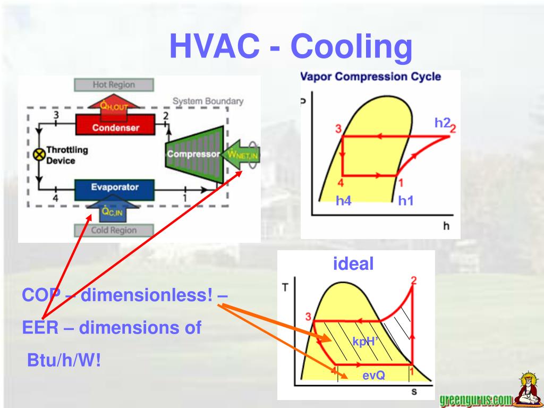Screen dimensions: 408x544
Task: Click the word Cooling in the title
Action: pyautogui.click(x=351, y=47)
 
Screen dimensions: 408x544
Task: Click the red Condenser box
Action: pyautogui.click(x=115, y=127)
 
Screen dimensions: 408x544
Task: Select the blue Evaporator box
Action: pyautogui.click(x=114, y=187)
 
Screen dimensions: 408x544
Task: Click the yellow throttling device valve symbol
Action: pyautogui.click(x=39, y=154)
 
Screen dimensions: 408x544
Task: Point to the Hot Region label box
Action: pyautogui.click(x=114, y=84)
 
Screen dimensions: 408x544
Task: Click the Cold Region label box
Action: pyautogui.click(x=114, y=230)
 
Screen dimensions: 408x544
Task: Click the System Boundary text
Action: pyautogui.click(x=208, y=101)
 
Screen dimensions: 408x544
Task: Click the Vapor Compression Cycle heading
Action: pyautogui.click(x=371, y=76)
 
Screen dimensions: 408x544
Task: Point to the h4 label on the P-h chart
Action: pyautogui.click(x=344, y=200)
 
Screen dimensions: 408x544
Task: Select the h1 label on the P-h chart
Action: pyautogui.click(x=406, y=200)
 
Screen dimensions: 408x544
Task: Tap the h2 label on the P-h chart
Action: pyautogui.click(x=442, y=123)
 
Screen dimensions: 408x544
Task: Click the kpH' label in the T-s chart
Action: pyautogui.click(x=364, y=341)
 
